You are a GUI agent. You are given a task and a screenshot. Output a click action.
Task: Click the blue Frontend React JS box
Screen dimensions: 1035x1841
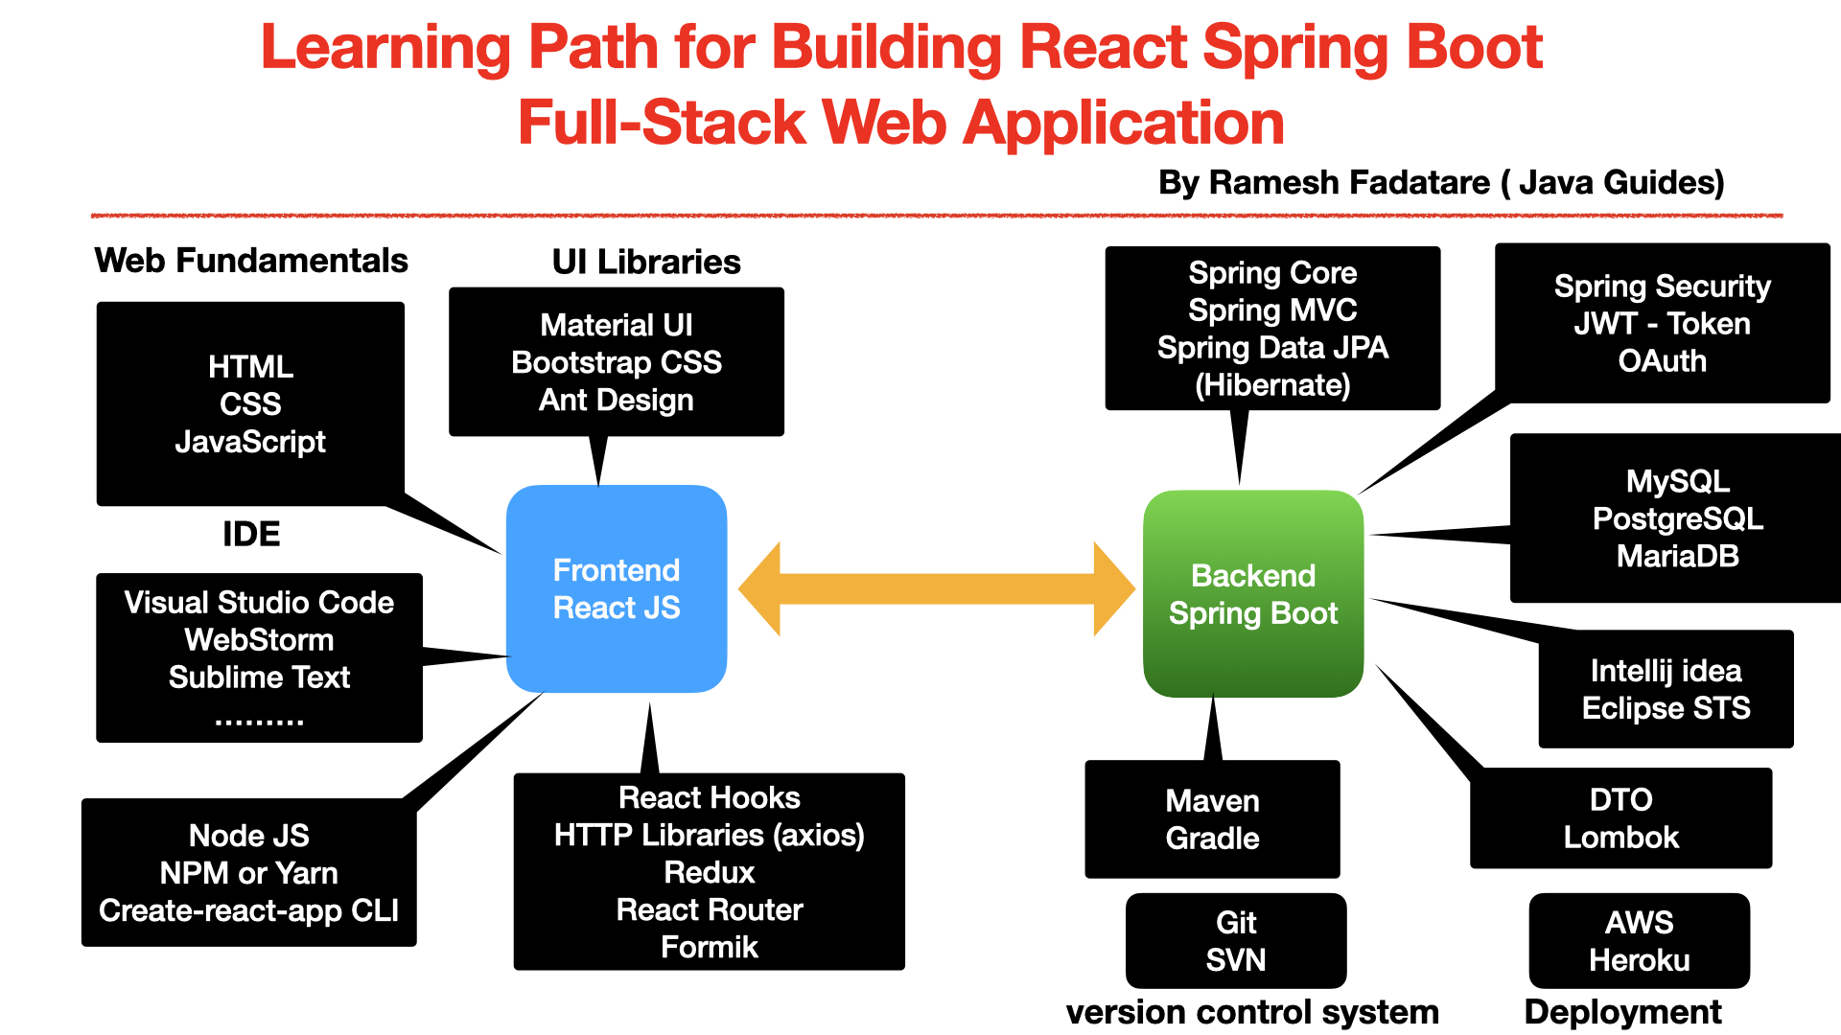tap(617, 588)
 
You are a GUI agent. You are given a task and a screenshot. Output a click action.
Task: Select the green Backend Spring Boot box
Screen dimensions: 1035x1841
tap(1252, 594)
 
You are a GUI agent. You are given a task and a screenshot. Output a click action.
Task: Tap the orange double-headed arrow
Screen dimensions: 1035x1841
tap(937, 588)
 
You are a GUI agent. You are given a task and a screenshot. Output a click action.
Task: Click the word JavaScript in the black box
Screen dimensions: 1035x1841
tap(250, 442)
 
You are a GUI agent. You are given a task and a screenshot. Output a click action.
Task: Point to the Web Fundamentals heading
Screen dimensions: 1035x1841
tap(251, 261)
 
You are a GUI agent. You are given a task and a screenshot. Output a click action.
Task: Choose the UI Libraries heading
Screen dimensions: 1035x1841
tap(646, 262)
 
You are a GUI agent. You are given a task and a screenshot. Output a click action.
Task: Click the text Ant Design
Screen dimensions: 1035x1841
tap(617, 400)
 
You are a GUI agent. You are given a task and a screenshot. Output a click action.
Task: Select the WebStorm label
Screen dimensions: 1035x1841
tap(259, 639)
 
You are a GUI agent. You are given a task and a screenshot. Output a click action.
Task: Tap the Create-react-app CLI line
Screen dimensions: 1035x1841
tap(249, 910)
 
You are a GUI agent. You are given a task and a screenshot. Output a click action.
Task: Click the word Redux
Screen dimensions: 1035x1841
tap(710, 872)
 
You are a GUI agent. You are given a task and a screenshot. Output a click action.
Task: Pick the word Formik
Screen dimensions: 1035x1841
tap(710, 947)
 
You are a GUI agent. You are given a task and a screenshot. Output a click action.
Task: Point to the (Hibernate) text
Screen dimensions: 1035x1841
tap(1272, 385)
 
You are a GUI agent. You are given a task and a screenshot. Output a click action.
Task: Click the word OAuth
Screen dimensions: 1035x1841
tap(1663, 361)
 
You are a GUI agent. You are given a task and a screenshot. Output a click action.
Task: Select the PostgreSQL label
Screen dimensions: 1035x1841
tap(1678, 518)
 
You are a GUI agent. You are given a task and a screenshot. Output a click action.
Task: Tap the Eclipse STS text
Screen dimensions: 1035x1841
tap(1666, 708)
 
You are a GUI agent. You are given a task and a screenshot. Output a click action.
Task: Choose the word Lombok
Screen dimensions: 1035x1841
tap(1621, 838)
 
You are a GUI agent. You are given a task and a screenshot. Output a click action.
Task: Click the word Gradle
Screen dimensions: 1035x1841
tap(1213, 839)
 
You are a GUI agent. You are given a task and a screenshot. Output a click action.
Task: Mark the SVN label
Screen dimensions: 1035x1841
tap(1236, 959)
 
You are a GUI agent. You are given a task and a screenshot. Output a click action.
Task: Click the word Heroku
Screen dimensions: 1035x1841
tap(1640, 959)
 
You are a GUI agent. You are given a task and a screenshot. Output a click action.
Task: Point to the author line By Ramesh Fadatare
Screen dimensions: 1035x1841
tap(1441, 182)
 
